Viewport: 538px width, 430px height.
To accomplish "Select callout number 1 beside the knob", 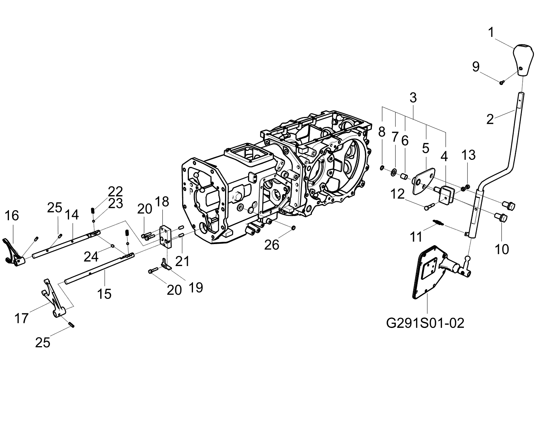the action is [x=491, y=33].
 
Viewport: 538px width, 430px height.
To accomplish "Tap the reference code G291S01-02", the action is [x=425, y=323].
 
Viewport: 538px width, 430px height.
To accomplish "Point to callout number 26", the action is [x=272, y=245].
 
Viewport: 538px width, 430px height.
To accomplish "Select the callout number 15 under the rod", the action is [x=104, y=294].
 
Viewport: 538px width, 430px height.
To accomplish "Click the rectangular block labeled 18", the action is [x=166, y=237].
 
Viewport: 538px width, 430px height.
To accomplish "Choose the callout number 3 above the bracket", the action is [x=413, y=98].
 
